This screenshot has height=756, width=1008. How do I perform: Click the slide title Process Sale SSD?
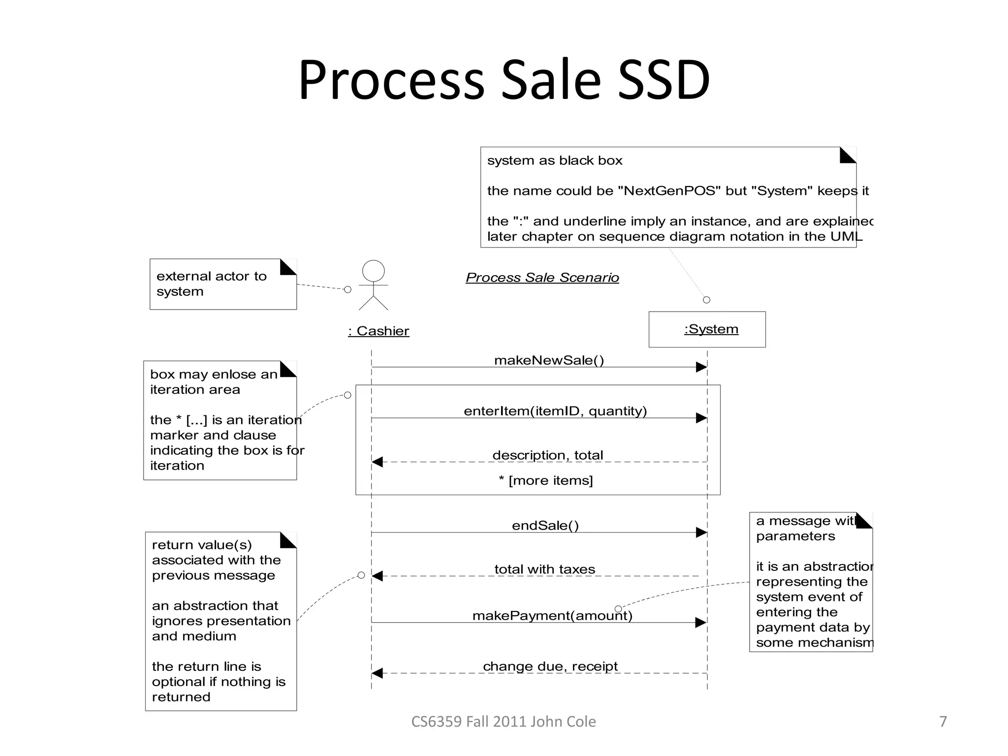[x=504, y=80]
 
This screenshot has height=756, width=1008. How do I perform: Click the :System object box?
[x=707, y=329]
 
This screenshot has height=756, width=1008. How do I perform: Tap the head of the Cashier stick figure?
[x=373, y=271]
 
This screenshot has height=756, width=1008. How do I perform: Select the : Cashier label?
[x=378, y=331]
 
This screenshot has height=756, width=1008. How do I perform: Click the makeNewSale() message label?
[x=549, y=360]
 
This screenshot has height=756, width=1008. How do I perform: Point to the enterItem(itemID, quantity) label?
[x=555, y=411]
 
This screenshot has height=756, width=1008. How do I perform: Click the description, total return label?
[x=547, y=455]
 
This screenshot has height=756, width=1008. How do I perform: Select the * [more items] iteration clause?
[x=546, y=480]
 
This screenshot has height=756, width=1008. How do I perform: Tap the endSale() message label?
[x=545, y=526]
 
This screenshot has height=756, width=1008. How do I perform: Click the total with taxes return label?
[x=545, y=569]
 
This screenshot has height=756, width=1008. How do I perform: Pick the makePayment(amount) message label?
[x=552, y=616]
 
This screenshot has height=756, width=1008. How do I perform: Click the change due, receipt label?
[x=550, y=666]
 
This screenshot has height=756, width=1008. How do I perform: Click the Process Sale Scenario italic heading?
[x=542, y=278]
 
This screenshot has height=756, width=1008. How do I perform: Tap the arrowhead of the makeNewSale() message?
[x=701, y=367]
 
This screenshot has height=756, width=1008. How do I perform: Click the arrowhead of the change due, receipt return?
[x=378, y=673]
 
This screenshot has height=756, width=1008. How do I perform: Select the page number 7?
[x=943, y=722]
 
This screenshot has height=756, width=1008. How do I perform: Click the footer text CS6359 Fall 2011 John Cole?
[x=504, y=722]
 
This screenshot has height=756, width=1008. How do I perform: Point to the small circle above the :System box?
[x=706, y=300]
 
